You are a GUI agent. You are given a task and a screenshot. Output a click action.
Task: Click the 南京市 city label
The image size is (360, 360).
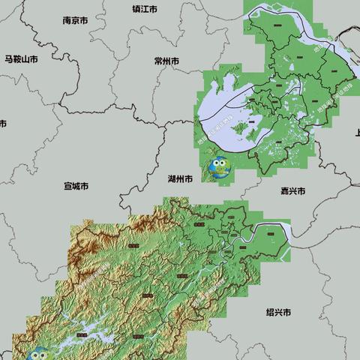click(x=77, y=21)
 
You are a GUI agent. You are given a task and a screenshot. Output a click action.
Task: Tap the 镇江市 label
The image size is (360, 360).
click(x=145, y=10)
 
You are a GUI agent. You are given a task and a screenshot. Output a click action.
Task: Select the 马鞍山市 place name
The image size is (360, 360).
click(x=21, y=58)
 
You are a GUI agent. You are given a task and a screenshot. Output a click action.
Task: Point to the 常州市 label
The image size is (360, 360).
click(x=166, y=61)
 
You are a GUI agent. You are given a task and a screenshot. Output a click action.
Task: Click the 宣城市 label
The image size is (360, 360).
click(x=76, y=185)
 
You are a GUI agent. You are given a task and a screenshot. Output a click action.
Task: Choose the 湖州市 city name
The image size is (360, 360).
click(x=179, y=180)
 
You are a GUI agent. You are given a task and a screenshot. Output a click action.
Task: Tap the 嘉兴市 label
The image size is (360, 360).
click(x=292, y=191)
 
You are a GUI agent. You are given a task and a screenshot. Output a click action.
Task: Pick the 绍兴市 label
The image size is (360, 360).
click(x=278, y=311)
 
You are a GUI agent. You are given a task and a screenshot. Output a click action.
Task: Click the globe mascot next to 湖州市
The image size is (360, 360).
click(x=219, y=169)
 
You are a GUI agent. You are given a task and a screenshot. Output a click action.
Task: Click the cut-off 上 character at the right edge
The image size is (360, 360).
click(x=356, y=133)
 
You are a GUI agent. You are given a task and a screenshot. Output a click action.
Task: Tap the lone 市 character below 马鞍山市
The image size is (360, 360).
click(x=2, y=122)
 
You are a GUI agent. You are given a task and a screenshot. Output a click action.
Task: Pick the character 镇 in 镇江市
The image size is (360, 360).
click(x=136, y=10)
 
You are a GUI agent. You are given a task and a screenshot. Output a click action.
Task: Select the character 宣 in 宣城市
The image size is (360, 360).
click(x=67, y=185)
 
